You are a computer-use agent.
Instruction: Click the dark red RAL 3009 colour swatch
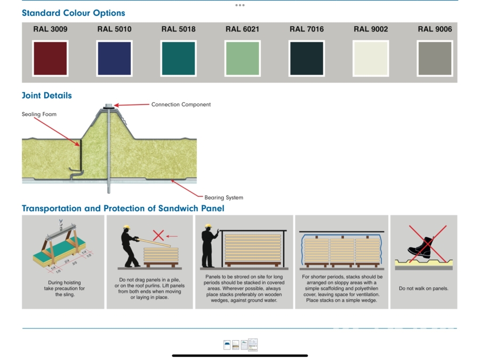(x=50, y=59)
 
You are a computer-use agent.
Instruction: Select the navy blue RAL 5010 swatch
(x=114, y=59)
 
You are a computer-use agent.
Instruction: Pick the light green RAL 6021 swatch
(x=243, y=59)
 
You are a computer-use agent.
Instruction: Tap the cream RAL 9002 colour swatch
(x=371, y=59)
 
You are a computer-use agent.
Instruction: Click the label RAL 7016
(x=307, y=29)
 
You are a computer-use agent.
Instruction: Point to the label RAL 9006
(x=435, y=29)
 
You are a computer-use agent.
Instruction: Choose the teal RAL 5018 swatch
(x=179, y=59)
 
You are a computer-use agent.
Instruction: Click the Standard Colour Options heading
(x=74, y=13)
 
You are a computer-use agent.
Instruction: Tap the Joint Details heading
(x=47, y=95)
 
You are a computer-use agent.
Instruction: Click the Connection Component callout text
(x=181, y=105)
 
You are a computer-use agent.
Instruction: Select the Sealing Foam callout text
(x=39, y=114)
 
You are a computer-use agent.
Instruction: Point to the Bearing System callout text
(x=224, y=197)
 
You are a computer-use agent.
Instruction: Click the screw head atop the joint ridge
(x=108, y=106)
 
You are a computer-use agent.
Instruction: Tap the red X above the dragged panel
(x=158, y=235)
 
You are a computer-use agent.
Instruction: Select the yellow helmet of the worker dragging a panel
(x=126, y=227)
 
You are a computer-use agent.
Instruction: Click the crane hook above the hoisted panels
(x=61, y=222)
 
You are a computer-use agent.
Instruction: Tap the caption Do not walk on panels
(x=423, y=289)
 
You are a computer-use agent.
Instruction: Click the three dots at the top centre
(x=240, y=5)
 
